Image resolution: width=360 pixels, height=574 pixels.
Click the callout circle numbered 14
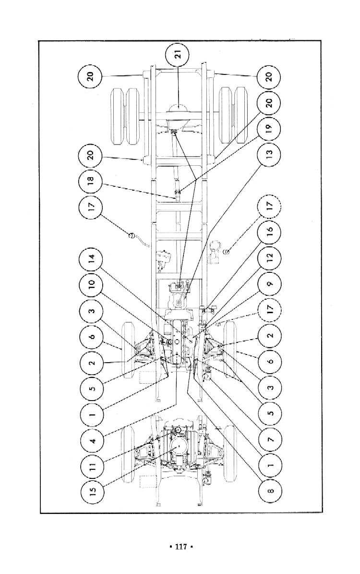[92, 259]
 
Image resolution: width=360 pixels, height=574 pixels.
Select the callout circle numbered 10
[92, 285]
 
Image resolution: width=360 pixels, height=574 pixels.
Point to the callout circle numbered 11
[92, 465]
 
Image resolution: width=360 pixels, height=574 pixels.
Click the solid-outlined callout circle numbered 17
[92, 207]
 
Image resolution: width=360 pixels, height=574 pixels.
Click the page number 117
[180, 547]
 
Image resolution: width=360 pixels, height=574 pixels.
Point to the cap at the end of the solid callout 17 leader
[130, 235]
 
